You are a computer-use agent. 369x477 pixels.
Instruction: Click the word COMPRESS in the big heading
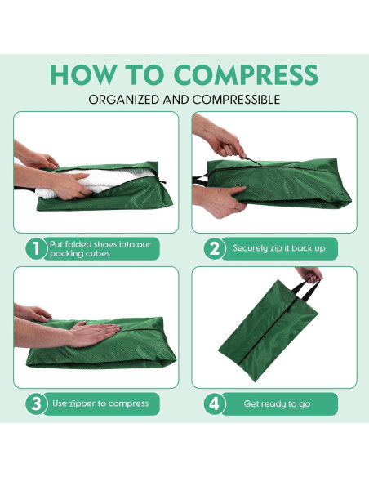click(x=247, y=74)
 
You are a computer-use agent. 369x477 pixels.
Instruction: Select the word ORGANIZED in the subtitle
click(x=124, y=100)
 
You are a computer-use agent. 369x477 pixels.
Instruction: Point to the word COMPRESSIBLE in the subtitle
click(x=236, y=100)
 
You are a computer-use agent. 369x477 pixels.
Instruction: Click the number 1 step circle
click(x=37, y=248)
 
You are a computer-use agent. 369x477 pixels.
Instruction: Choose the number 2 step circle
click(x=215, y=248)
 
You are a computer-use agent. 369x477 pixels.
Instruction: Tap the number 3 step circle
click(x=37, y=403)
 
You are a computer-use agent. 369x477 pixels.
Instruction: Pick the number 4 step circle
click(x=215, y=403)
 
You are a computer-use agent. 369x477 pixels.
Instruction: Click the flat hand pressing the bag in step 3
click(x=93, y=333)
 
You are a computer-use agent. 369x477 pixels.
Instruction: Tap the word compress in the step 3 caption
click(x=128, y=403)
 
